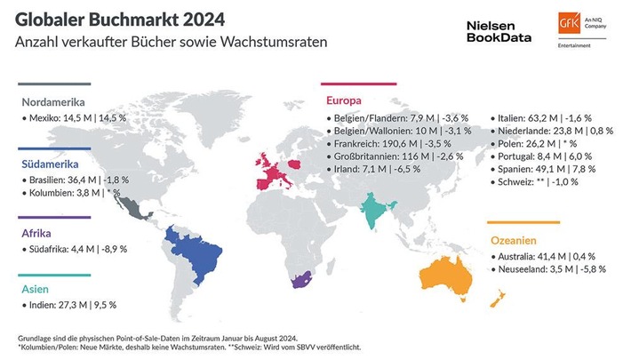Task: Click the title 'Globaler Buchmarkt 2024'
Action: pyautogui.click(x=120, y=19)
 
